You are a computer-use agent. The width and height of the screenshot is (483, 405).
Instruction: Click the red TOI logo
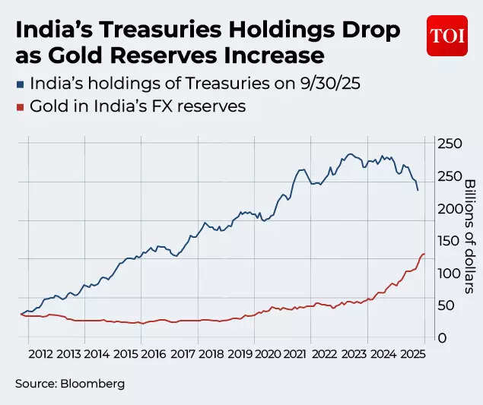446,35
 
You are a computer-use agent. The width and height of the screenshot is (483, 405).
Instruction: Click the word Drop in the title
364,31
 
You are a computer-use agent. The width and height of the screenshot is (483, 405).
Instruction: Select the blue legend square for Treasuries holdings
21,84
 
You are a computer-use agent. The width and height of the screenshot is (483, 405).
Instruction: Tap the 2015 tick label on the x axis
126,354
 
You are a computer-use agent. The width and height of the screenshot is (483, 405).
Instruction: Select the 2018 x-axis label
211,354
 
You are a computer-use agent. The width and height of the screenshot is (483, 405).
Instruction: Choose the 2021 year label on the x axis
296,354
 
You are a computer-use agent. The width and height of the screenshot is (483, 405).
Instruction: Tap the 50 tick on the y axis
447,305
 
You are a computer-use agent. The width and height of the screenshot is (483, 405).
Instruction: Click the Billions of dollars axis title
469,236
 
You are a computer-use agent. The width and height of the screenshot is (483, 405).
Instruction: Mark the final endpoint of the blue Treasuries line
418,190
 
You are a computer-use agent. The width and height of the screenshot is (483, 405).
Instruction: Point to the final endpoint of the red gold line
424,254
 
